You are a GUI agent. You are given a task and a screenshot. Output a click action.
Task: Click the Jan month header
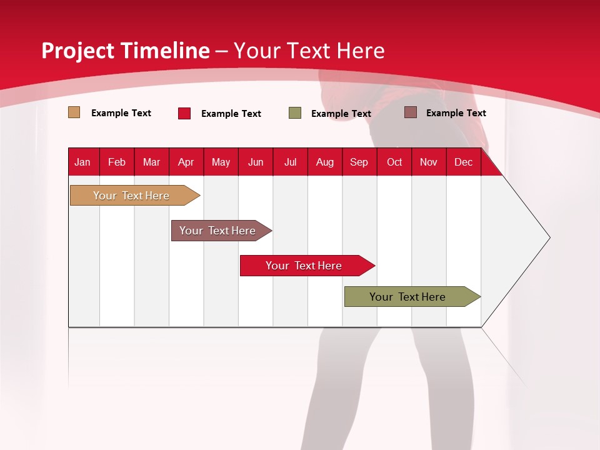click(82, 162)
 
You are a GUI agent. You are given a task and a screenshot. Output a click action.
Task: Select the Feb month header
click(117, 162)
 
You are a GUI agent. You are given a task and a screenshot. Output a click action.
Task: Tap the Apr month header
click(186, 162)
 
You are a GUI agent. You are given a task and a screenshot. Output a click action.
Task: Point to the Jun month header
click(256, 162)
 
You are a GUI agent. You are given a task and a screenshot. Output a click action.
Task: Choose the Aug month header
click(324, 162)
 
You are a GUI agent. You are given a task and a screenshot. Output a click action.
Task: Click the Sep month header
click(359, 162)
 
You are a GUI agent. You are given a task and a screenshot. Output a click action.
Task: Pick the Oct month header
click(394, 162)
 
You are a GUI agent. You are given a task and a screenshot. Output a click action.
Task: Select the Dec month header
click(463, 162)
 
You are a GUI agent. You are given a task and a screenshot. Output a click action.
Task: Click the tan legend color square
click(74, 112)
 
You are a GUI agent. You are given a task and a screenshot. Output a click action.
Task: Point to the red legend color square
click(184, 113)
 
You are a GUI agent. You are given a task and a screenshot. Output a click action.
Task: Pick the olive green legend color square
click(295, 113)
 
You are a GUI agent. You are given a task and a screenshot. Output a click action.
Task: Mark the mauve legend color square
click(411, 112)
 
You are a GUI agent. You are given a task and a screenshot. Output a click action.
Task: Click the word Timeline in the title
click(165, 51)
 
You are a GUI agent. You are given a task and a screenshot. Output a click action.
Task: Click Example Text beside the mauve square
click(456, 112)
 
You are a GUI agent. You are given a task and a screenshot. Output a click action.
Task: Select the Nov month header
click(429, 162)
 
